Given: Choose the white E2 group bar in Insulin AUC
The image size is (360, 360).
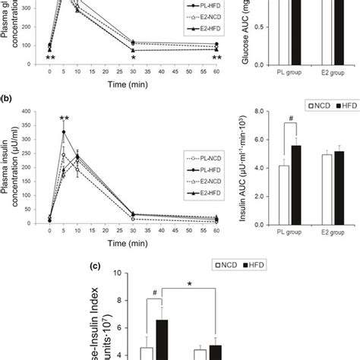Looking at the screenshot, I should (x=327, y=187).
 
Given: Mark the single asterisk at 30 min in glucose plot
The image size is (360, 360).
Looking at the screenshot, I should (x=134, y=57).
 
